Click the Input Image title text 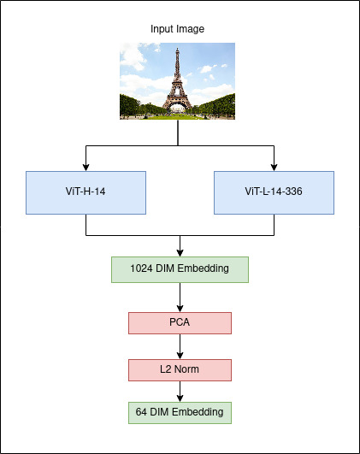177,29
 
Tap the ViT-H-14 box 86,193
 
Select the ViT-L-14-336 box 274,193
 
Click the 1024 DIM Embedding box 180,269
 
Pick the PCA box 180,323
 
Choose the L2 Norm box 180,370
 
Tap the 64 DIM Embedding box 180,413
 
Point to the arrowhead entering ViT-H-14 86,168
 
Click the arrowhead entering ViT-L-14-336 274,168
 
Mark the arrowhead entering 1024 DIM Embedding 180,253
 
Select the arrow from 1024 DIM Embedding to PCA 180,298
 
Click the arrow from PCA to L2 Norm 180,346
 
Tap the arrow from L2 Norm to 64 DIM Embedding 180,392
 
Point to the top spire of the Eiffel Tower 177,50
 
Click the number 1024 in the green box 141,268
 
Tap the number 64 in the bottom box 141,412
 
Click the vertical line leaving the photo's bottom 178,133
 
